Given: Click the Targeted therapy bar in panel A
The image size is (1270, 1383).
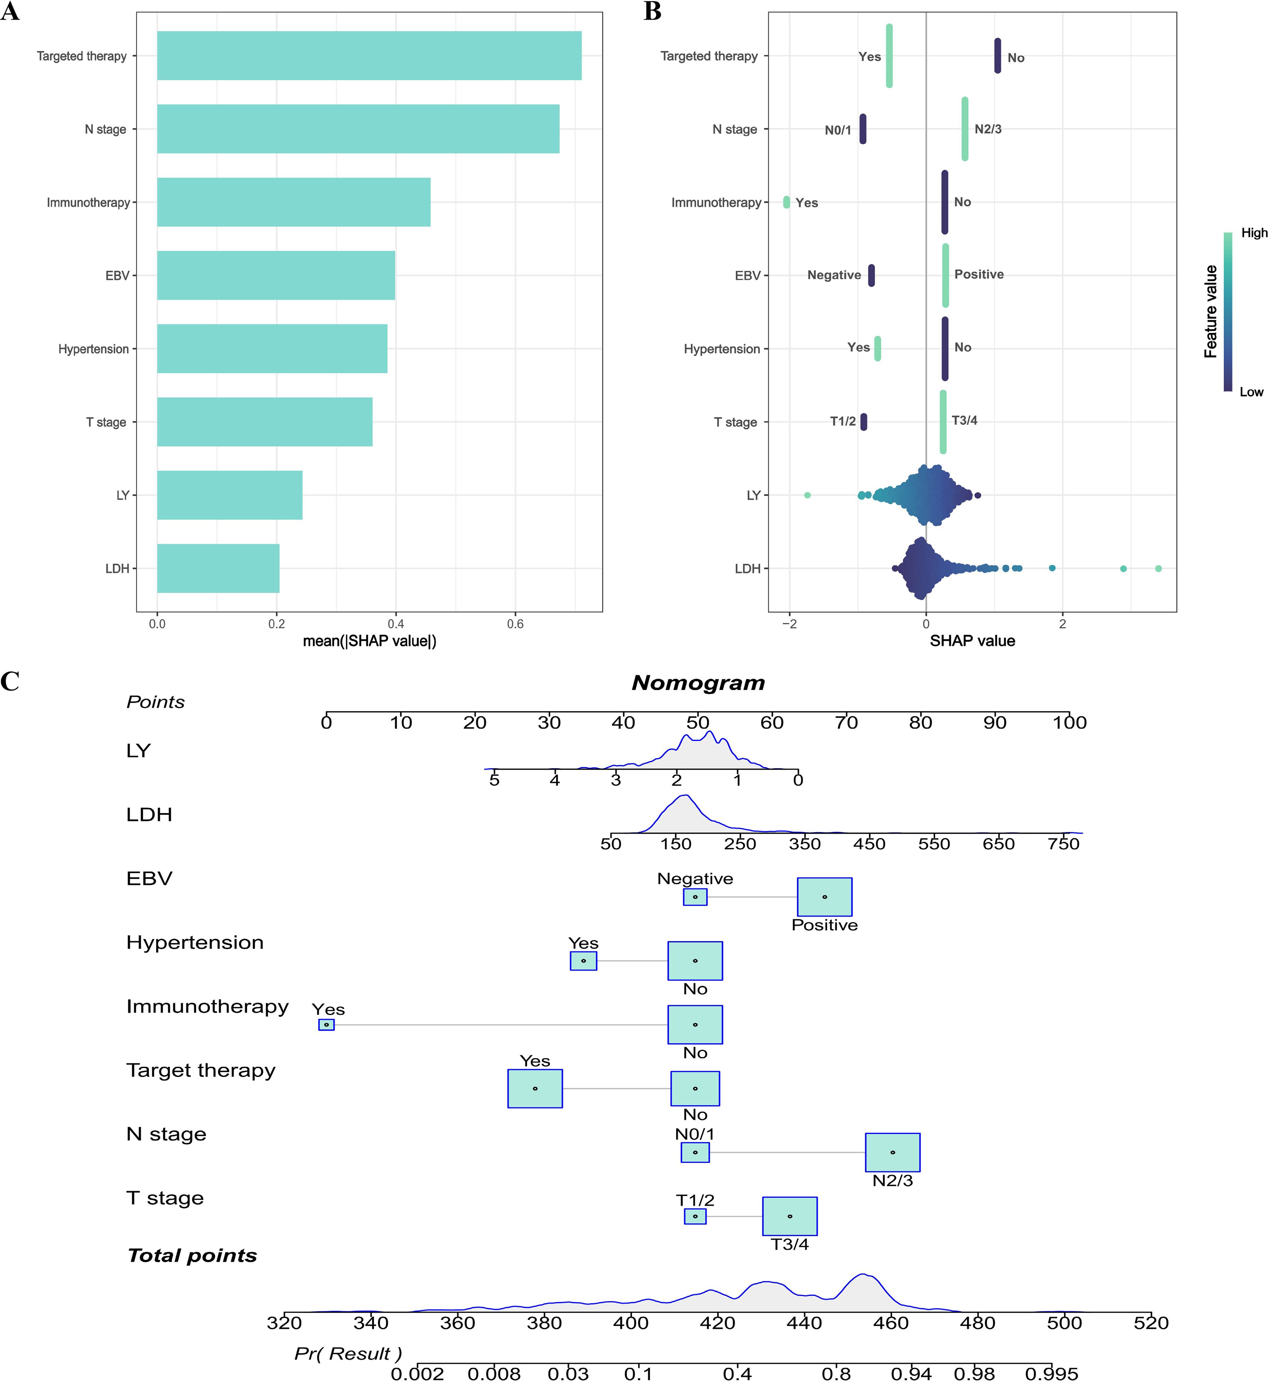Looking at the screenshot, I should [369, 56].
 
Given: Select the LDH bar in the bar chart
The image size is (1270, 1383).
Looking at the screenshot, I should [218, 568].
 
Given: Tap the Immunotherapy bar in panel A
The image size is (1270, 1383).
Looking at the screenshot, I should [293, 202].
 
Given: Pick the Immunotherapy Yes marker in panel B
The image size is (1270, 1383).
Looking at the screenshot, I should [786, 202].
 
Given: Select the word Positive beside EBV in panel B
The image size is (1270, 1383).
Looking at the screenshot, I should [979, 274].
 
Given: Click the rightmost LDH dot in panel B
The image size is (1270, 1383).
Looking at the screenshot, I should [1158, 568].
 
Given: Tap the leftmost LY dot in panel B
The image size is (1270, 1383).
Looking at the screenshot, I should [807, 495].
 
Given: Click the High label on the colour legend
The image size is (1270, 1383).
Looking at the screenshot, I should [1253, 233].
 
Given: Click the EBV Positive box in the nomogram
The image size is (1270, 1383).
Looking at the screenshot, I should [824, 896].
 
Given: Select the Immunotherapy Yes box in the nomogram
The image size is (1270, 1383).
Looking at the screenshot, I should [326, 1024].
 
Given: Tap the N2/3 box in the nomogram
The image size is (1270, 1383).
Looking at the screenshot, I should [892, 1152].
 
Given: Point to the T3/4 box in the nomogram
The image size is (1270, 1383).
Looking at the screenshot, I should [790, 1216].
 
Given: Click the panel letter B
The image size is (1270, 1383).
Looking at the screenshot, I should [652, 12].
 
